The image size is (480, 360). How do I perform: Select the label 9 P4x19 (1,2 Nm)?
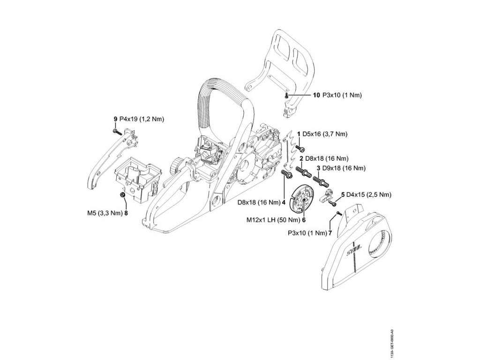coord(138,120)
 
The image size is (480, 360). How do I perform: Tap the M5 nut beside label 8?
coord(122,195)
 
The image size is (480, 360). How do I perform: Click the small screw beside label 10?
coord(285,96)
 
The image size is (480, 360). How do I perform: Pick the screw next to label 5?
coord(333,203)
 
